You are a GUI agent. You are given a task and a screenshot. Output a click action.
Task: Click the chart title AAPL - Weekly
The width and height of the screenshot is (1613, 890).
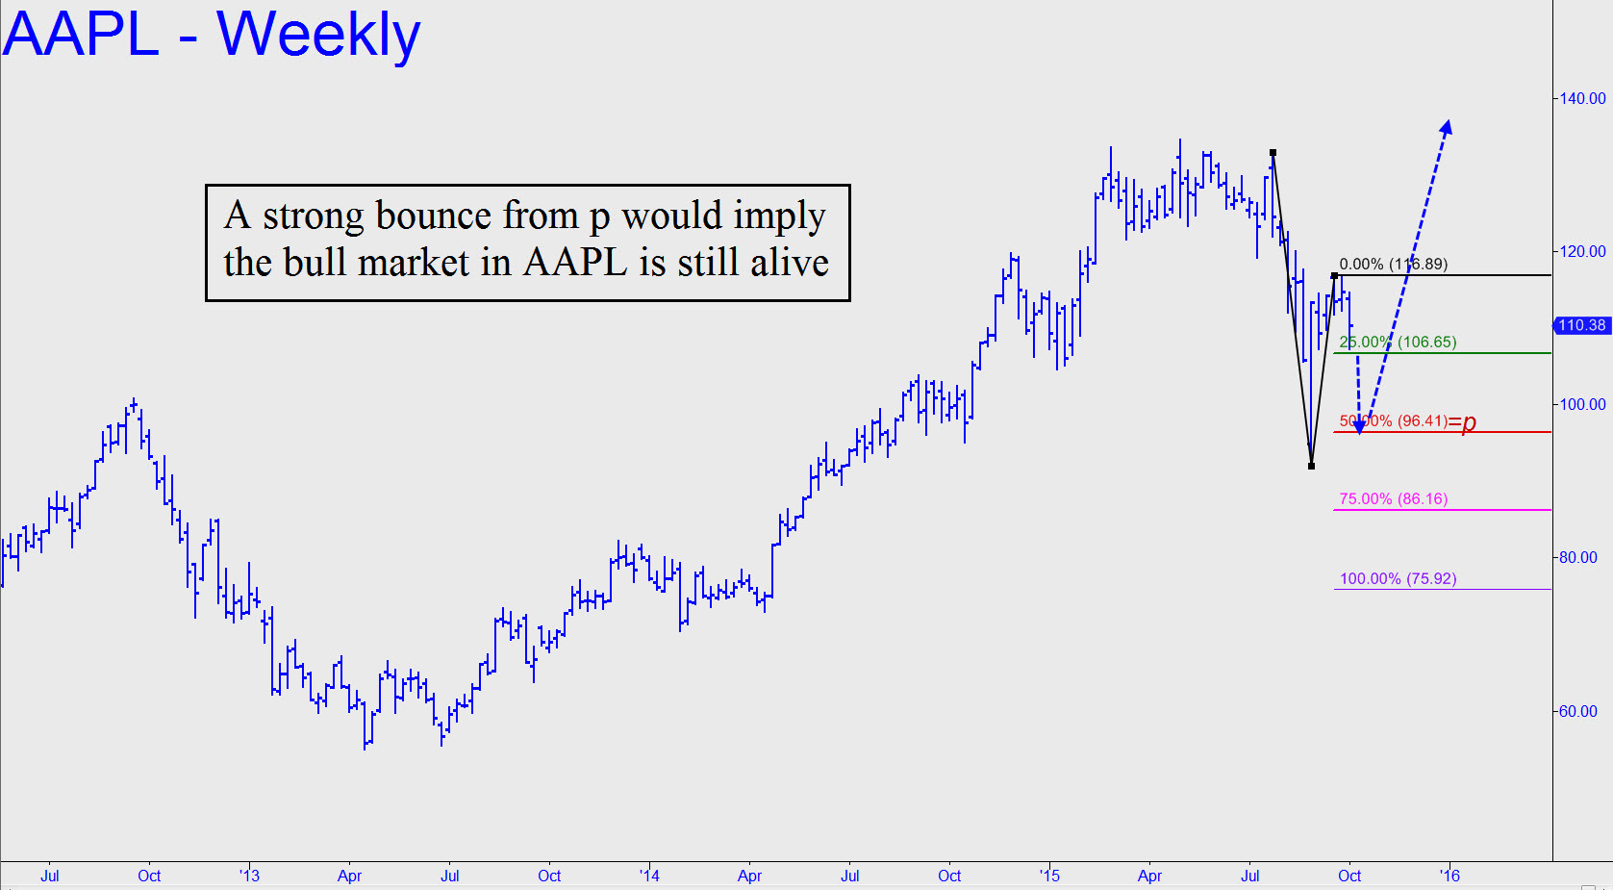pos(212,35)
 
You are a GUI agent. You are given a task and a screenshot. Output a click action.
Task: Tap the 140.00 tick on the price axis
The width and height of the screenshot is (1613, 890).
pos(1582,98)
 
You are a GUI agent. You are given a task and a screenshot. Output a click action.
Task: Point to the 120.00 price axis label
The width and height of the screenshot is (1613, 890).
pos(1582,251)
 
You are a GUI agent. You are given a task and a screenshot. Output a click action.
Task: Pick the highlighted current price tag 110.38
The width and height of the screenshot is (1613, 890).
pos(1582,325)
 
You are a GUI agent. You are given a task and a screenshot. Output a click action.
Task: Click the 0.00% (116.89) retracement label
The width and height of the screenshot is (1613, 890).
pos(1393,264)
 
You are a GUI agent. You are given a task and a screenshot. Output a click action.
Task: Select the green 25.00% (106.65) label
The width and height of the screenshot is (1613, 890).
pos(1398,342)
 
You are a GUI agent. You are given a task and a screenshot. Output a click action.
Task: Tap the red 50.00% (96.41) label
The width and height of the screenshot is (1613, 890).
pos(1393,420)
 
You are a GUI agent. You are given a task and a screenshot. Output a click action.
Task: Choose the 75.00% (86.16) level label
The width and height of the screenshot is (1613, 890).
pos(1393,498)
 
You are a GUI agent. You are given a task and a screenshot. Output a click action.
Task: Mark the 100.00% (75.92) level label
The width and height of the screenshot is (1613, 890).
pos(1398,578)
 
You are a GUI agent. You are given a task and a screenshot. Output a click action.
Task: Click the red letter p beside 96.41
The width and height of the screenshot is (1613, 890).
pos(1469,423)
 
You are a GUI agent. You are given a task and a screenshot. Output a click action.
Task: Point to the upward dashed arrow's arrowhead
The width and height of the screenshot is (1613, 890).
pos(1447,127)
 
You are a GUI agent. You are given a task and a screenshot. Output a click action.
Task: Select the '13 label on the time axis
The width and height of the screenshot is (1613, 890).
pos(249,876)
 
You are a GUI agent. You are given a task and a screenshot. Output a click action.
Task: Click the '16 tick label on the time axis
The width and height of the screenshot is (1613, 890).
pos(1449,876)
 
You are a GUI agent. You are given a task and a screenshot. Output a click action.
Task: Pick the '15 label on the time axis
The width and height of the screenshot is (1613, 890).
pos(1049,876)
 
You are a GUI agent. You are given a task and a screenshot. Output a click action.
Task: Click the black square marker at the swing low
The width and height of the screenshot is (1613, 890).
pos(1312,466)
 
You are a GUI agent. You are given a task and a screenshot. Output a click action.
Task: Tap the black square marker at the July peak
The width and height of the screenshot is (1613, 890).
pos(1273,153)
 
